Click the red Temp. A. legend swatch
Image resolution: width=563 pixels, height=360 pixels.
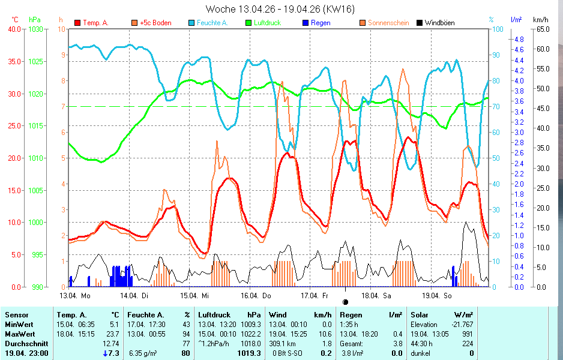(77, 23)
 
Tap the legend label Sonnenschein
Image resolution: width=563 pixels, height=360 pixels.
(388, 23)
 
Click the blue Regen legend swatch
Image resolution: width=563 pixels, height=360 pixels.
(306, 23)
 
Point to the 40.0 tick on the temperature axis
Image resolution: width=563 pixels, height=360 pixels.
(14, 29)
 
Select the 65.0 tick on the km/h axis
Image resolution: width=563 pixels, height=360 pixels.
(540, 29)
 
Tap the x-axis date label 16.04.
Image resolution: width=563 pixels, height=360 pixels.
(250, 295)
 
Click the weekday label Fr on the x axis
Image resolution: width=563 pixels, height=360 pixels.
(325, 295)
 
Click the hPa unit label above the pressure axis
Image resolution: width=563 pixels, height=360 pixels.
(35, 20)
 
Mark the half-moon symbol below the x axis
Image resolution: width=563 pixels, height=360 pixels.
(345, 302)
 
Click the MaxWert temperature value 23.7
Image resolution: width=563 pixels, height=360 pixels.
(113, 334)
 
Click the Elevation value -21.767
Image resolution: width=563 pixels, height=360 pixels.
(460, 324)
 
